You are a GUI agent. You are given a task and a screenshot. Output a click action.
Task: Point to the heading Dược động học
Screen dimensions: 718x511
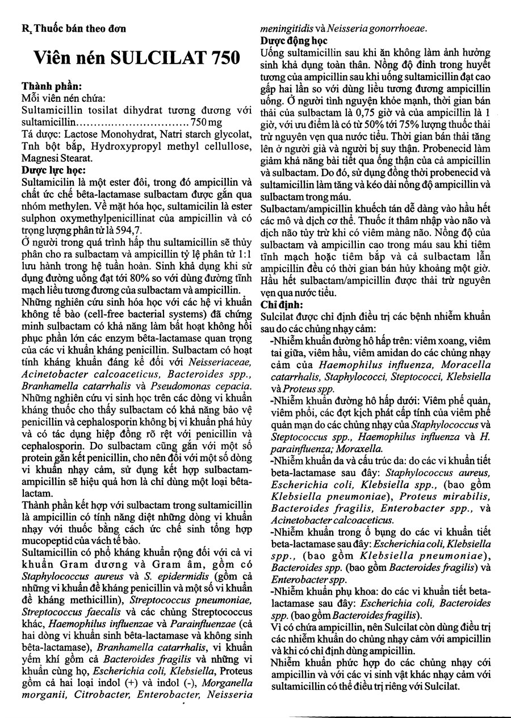(x=294, y=41)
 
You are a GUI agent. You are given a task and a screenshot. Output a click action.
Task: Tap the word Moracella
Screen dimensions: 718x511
(x=464, y=364)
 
